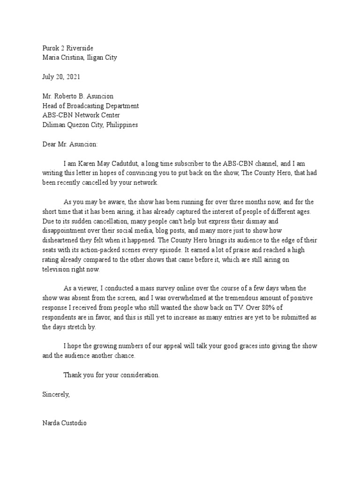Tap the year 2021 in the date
(74, 77)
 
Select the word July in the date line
(49, 77)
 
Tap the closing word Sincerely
(56, 394)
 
